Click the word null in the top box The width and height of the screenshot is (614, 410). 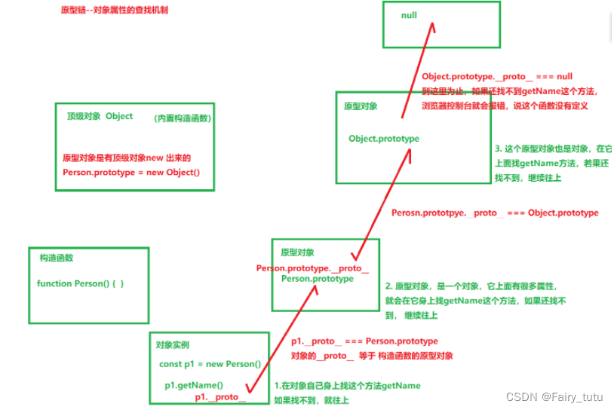pos(409,15)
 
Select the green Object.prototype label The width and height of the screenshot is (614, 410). pos(384,139)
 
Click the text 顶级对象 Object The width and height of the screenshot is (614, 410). pos(100,116)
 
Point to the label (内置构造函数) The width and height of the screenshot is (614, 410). pos(182,118)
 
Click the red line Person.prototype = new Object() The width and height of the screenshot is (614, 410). pos(131,172)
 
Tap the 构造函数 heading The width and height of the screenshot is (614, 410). pos(57,258)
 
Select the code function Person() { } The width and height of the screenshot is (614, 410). pos(80,283)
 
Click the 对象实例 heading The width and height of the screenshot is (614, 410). pos(172,344)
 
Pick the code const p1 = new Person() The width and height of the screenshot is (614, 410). pos(210,364)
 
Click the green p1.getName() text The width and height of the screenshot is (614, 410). pos(194,385)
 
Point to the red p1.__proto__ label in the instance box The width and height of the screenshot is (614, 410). pos(220,397)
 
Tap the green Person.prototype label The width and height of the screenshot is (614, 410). pos(317,279)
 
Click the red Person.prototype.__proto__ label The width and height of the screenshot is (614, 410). pos(312,268)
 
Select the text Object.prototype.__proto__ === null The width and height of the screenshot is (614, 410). pos(497,77)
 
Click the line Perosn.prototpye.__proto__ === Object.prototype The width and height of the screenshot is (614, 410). pos(495,213)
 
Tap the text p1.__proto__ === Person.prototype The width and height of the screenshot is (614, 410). pos(364,341)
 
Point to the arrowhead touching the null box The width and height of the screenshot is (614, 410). pos(434,26)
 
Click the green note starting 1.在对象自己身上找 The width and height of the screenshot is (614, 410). pos(347,386)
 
